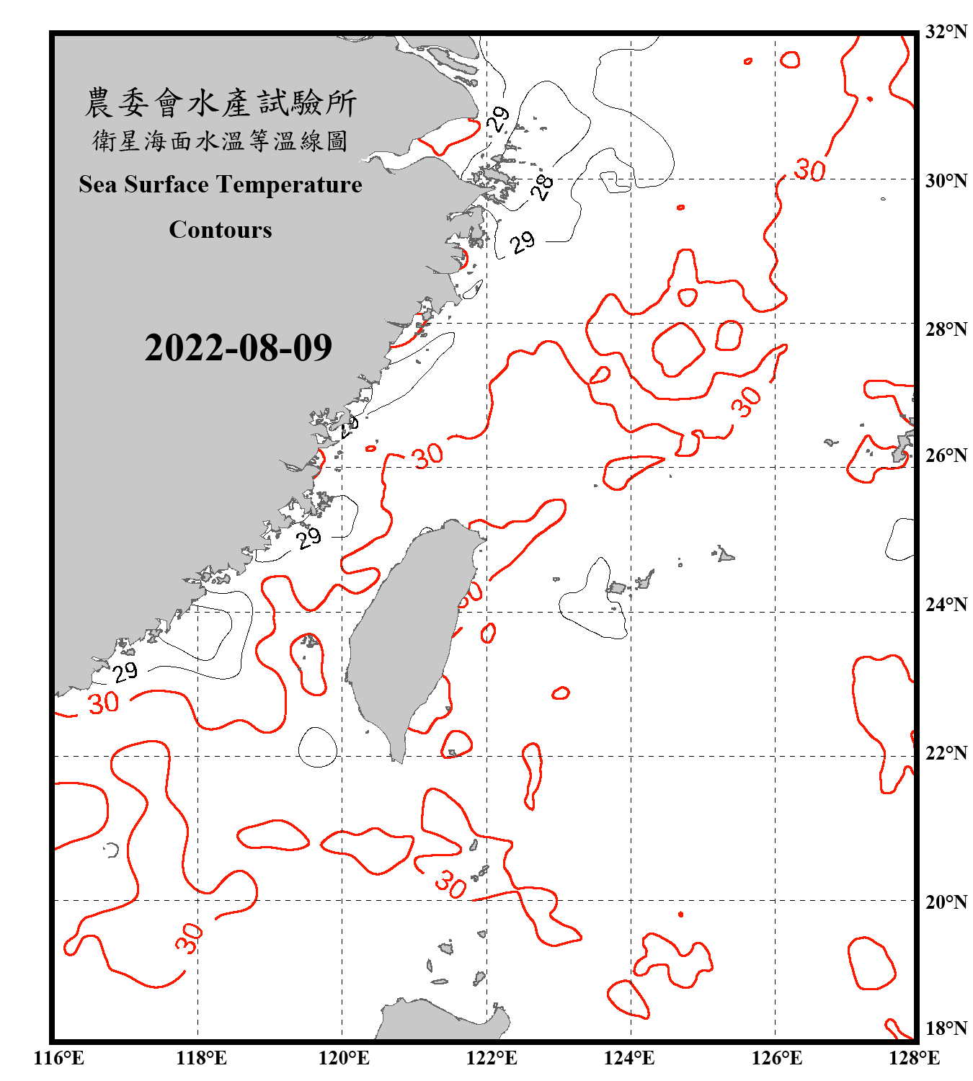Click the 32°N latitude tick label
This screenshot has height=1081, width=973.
(x=946, y=32)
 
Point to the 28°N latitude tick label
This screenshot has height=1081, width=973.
(x=946, y=329)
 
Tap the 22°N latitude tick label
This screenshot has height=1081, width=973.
(x=946, y=753)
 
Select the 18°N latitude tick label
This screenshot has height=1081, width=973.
(x=946, y=1028)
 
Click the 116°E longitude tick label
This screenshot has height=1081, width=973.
(x=59, y=1058)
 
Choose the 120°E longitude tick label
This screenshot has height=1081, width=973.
(x=344, y=1058)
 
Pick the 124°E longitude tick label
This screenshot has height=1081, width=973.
(x=629, y=1058)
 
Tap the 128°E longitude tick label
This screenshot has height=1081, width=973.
(x=914, y=1058)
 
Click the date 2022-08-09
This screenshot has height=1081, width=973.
(x=238, y=348)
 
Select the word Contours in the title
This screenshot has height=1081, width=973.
(x=221, y=230)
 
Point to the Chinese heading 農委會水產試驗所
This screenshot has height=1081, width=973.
(x=221, y=103)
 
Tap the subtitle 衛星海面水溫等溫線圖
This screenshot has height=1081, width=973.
(x=221, y=141)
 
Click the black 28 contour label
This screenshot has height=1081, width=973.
(x=542, y=187)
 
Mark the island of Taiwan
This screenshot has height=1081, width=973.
(x=407, y=634)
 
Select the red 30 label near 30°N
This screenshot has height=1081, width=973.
(x=809, y=170)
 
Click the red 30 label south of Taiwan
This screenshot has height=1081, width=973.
(x=450, y=884)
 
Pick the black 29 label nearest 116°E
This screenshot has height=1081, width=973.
(x=125, y=672)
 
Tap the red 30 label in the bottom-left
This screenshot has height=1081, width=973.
(x=189, y=938)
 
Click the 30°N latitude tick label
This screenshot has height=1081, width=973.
(x=946, y=180)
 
